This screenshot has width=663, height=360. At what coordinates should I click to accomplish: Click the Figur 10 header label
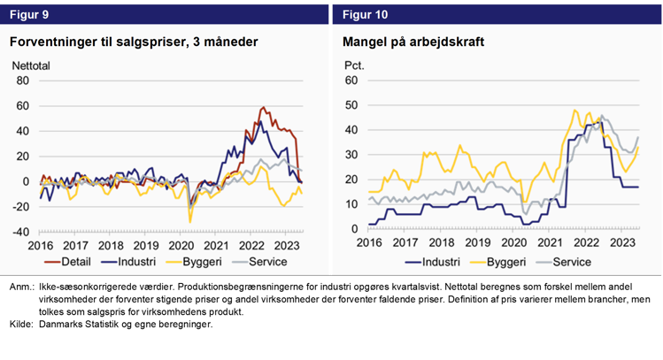click(x=364, y=14)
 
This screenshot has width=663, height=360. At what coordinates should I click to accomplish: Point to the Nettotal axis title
click(x=33, y=65)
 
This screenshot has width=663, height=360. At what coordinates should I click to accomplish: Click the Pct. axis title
click(x=353, y=65)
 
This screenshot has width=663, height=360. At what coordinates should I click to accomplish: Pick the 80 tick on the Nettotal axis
click(x=23, y=80)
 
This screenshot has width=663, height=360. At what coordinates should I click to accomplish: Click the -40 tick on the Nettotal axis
click(x=19, y=232)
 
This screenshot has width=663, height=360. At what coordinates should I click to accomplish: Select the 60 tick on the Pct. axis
click(x=350, y=80)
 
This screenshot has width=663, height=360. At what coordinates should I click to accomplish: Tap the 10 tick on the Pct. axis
click(x=350, y=204)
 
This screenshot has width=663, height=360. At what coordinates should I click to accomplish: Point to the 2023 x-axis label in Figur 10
click(x=622, y=242)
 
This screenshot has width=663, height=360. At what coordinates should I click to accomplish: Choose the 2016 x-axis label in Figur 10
click(x=369, y=242)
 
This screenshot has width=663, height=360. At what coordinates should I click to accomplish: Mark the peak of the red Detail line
click(x=263, y=108)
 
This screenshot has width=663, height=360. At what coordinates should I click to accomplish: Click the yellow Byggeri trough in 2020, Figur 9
click(x=189, y=221)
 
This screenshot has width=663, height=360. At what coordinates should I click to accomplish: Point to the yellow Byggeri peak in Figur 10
click(x=574, y=111)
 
